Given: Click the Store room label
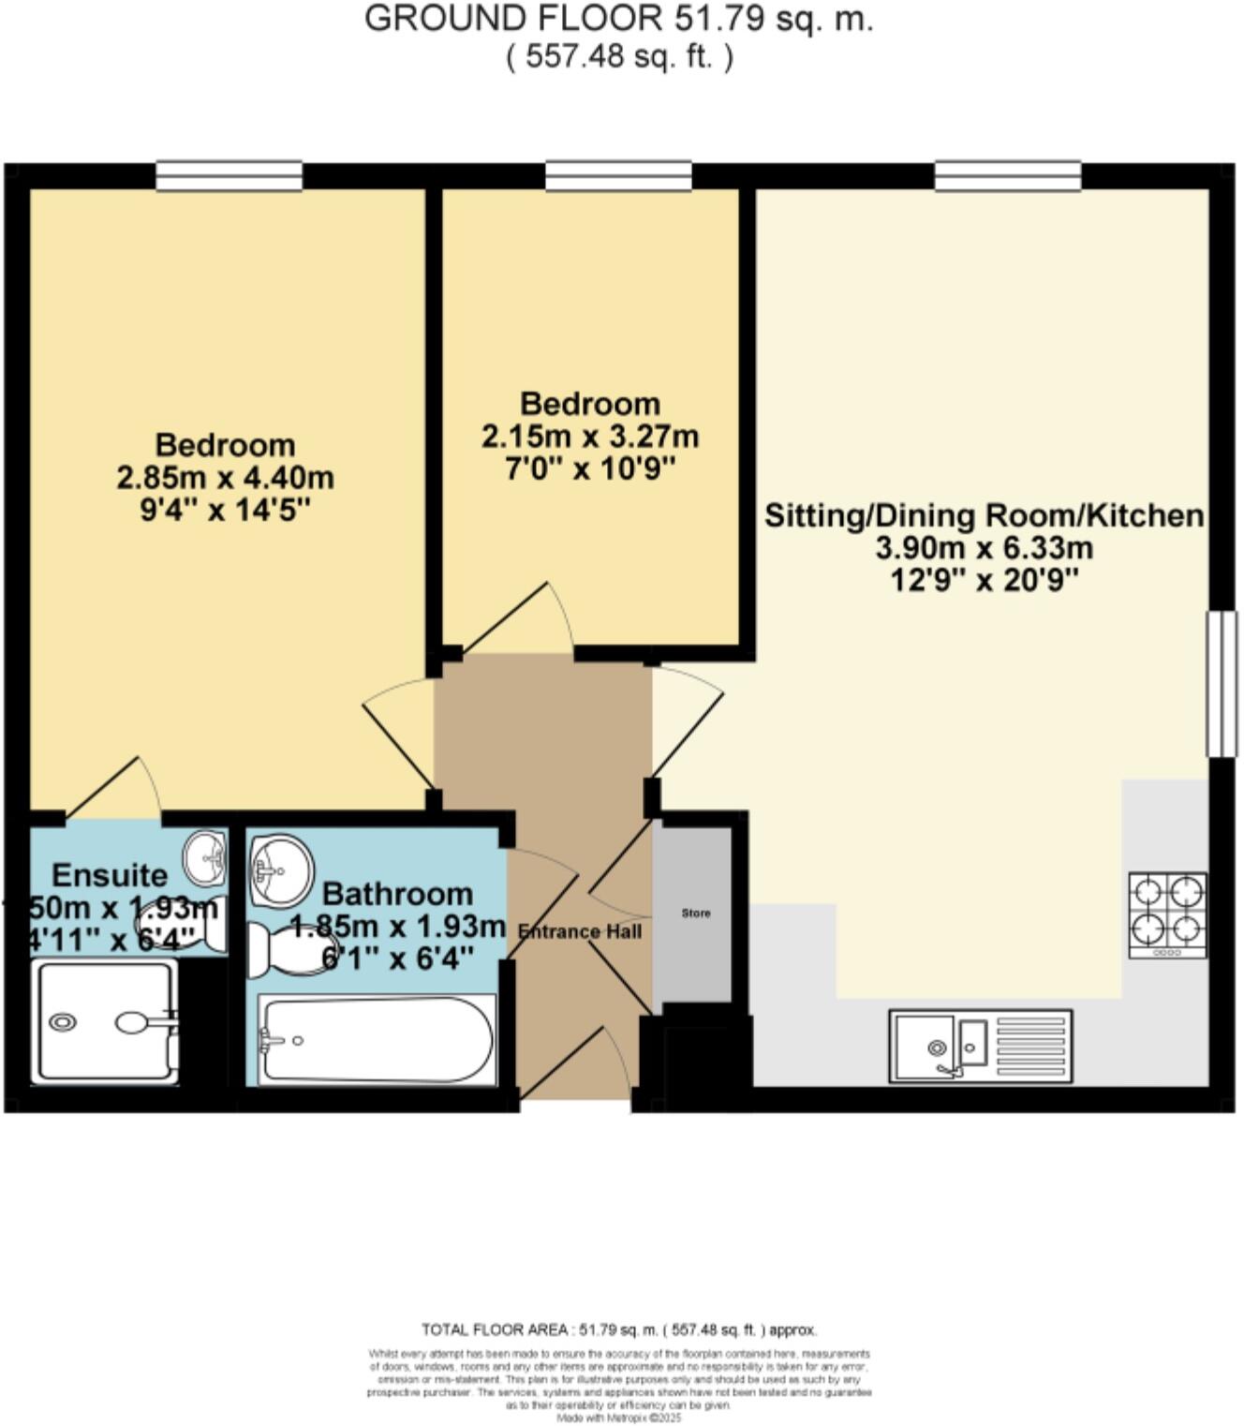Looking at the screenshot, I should (695, 913).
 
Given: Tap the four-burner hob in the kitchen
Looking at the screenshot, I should (1167, 915).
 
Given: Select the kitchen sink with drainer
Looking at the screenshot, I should (980, 1046).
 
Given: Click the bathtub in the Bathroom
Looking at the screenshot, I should (377, 1039).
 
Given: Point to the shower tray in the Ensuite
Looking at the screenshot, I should (105, 1021).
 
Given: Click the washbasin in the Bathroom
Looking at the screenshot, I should (280, 869).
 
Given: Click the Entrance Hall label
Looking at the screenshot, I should (580, 931).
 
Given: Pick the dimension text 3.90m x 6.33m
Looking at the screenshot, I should (984, 548).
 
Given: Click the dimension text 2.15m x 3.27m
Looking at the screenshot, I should (590, 437).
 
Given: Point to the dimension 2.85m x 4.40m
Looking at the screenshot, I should (225, 478).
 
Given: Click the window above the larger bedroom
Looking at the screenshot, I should (229, 175).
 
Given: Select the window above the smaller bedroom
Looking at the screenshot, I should (618, 175).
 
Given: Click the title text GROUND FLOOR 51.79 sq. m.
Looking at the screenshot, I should (618, 19).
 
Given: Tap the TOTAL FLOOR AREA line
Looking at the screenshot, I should (618, 1329).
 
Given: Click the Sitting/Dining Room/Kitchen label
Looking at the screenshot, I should (984, 515).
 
